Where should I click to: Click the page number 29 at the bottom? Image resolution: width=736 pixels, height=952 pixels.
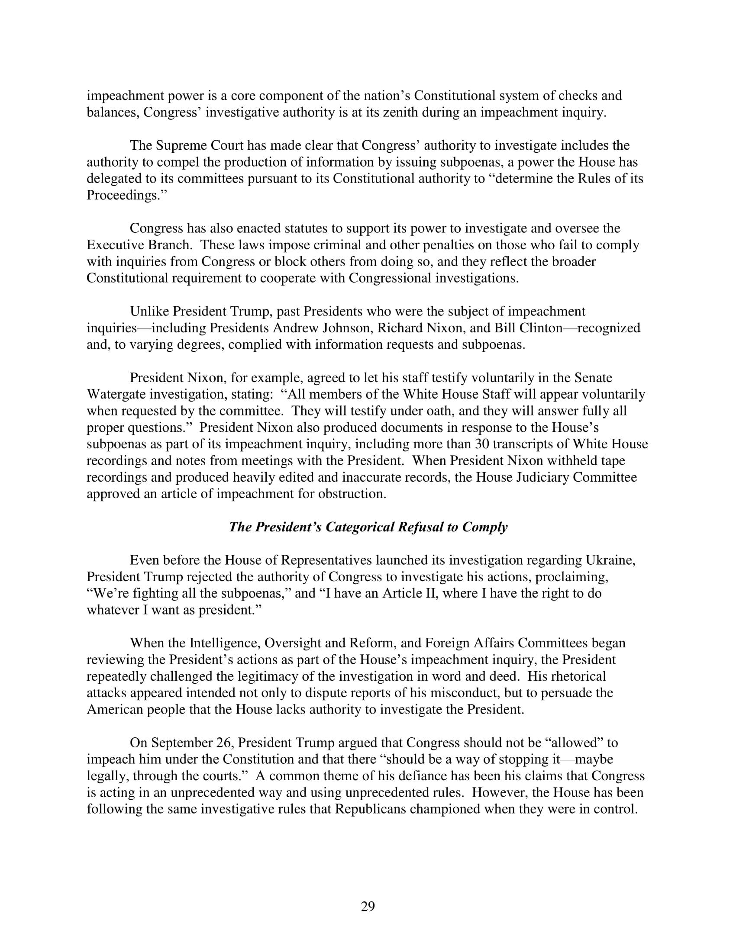[x=368, y=907]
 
